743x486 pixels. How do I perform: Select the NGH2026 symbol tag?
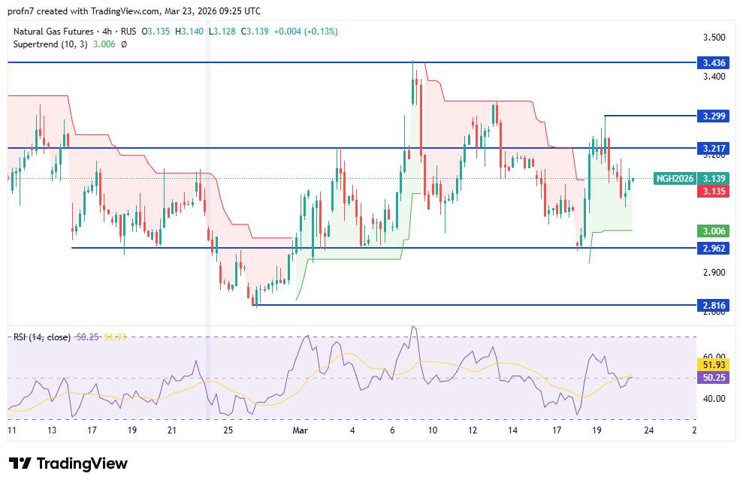click(674, 179)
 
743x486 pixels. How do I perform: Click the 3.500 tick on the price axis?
click(713, 38)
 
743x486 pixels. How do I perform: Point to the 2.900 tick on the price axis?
click(713, 273)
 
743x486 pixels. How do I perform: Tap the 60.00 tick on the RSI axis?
click(713, 358)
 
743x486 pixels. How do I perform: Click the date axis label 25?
click(229, 430)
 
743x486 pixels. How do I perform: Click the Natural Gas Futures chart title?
click(53, 31)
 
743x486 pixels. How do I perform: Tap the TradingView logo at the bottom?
click(68, 463)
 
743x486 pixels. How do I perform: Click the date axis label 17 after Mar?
click(557, 430)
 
